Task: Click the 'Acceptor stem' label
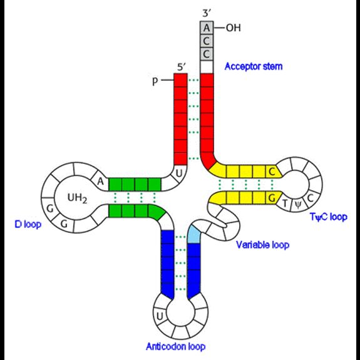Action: [254, 66]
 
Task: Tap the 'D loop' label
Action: [28, 224]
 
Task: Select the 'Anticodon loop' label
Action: [176, 346]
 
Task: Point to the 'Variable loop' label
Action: [263, 245]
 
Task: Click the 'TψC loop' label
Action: [329, 217]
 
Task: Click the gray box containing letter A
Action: [207, 28]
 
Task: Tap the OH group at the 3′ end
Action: [234, 28]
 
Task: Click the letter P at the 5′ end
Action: [155, 81]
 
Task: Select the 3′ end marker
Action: [207, 13]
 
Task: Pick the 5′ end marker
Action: [182, 67]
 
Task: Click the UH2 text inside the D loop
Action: [77, 198]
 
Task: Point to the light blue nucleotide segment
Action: [194, 235]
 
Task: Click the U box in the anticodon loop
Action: [160, 317]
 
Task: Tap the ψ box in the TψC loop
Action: [297, 204]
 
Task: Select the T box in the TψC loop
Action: [285, 203]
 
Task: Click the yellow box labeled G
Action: [272, 198]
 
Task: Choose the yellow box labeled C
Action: [272, 172]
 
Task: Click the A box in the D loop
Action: [100, 182]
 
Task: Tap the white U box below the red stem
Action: [179, 174]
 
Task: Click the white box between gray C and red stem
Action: [207, 67]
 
